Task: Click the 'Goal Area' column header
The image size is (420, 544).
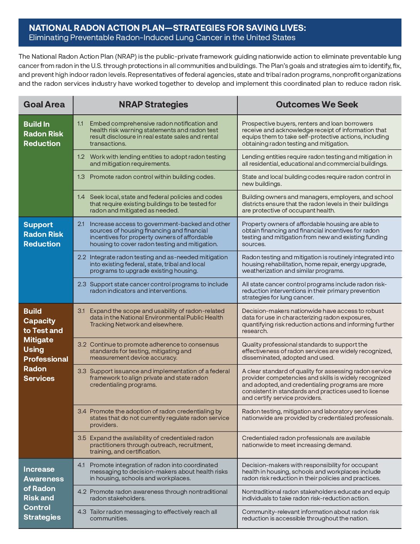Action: point(44,105)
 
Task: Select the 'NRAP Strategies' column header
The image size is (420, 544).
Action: point(153,105)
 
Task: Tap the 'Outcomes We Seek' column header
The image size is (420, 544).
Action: point(317,105)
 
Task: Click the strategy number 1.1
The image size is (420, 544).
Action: point(80,124)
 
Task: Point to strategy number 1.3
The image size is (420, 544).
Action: point(81,177)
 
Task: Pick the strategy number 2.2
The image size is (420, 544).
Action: point(81,257)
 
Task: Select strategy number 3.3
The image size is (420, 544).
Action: point(81,371)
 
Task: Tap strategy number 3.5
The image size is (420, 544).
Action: point(81,438)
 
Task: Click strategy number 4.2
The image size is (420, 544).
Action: point(81,492)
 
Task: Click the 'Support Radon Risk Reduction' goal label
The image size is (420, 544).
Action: point(42,234)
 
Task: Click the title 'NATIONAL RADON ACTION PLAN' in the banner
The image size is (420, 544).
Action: point(167,28)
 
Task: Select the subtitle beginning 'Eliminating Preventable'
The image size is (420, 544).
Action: point(162,38)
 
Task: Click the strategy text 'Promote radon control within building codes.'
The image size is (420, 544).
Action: point(152,177)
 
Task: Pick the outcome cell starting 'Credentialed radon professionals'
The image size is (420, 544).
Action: point(306,442)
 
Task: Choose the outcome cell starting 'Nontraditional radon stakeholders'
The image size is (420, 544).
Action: point(315,495)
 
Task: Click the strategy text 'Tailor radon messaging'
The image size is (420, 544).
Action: point(153,515)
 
